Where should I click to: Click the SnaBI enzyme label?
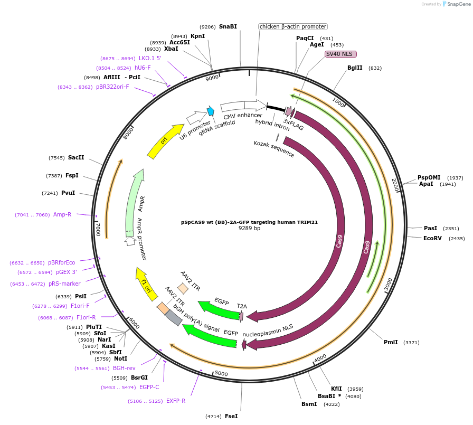tap(228, 26)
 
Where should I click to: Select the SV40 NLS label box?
tap(340, 54)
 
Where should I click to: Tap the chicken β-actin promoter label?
tap(293, 26)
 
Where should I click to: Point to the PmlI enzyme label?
tap(391, 342)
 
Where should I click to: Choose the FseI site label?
tap(231, 416)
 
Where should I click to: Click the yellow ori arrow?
tap(165, 140)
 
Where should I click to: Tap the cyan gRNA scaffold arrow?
tap(211, 111)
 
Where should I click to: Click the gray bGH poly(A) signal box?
tap(174, 317)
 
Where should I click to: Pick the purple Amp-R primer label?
tap(62, 214)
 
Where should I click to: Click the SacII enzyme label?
tap(76, 157)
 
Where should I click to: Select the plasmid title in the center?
tap(249, 222)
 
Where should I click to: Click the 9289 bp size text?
tap(249, 229)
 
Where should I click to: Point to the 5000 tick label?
tap(221, 374)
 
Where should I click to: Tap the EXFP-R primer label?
tap(176, 401)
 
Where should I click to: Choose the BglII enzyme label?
tap(355, 68)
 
